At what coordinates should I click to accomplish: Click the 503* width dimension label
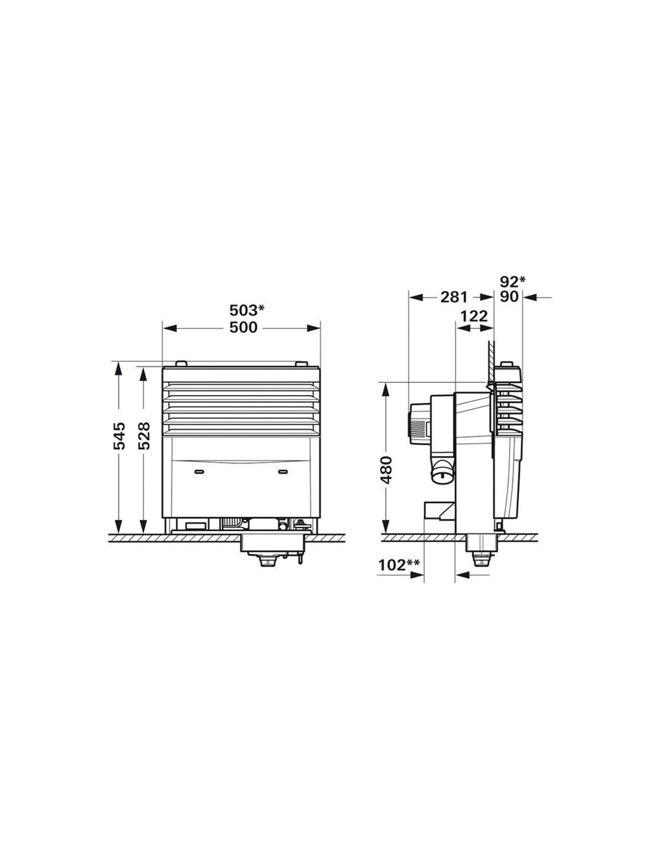click(246, 310)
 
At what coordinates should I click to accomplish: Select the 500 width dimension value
click(243, 327)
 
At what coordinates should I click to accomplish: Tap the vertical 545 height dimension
click(120, 436)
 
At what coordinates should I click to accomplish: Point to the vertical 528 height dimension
click(144, 436)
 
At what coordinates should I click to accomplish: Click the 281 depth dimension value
click(454, 298)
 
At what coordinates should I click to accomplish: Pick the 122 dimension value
click(474, 316)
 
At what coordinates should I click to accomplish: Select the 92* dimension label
click(512, 282)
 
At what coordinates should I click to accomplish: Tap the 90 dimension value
click(509, 298)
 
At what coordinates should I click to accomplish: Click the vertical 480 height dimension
click(386, 469)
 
